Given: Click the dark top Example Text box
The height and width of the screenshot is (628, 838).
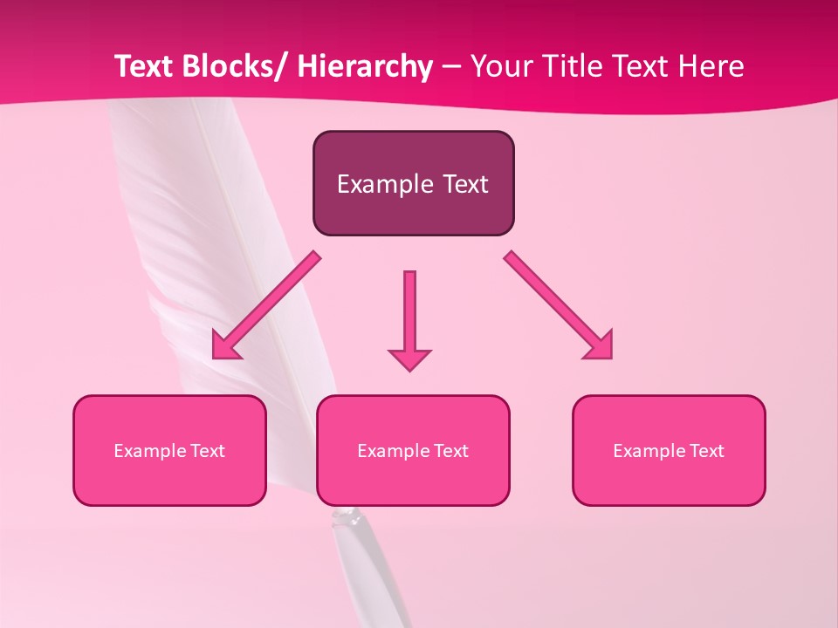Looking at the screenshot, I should click(x=413, y=183).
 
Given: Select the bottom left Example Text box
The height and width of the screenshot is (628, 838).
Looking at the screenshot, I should click(x=169, y=450).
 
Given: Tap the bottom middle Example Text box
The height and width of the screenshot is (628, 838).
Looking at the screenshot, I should click(x=413, y=450).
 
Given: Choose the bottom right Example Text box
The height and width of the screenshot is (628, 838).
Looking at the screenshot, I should click(x=669, y=450).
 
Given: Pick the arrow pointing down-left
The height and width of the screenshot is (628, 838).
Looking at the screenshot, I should click(x=266, y=306).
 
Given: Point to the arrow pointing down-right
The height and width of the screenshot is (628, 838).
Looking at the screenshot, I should click(x=559, y=305).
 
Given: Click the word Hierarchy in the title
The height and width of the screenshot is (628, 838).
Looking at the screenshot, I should click(x=365, y=66).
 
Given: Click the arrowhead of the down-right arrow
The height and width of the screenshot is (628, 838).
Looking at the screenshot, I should click(x=601, y=346).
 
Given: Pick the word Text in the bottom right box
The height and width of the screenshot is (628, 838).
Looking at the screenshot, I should click(x=706, y=450).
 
